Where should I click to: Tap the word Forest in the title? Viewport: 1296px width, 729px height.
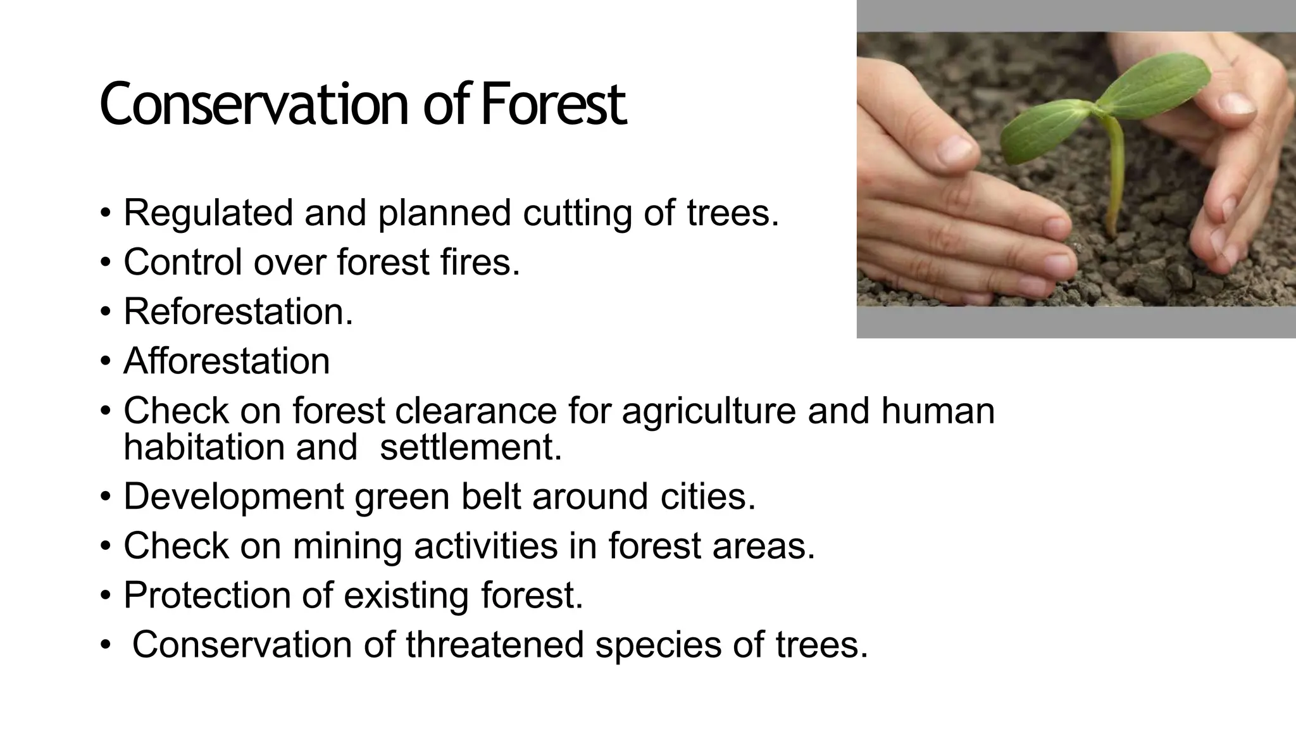(553, 104)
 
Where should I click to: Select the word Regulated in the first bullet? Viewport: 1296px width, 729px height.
(208, 213)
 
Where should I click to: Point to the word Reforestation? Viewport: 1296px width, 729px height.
(238, 311)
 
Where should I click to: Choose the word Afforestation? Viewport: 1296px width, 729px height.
(227, 361)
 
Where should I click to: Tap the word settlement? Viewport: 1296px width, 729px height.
(471, 447)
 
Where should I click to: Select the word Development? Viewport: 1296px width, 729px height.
(234, 496)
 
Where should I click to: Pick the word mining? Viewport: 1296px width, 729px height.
(347, 546)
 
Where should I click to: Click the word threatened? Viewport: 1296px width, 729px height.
(494, 645)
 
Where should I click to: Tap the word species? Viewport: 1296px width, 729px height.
(657, 645)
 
